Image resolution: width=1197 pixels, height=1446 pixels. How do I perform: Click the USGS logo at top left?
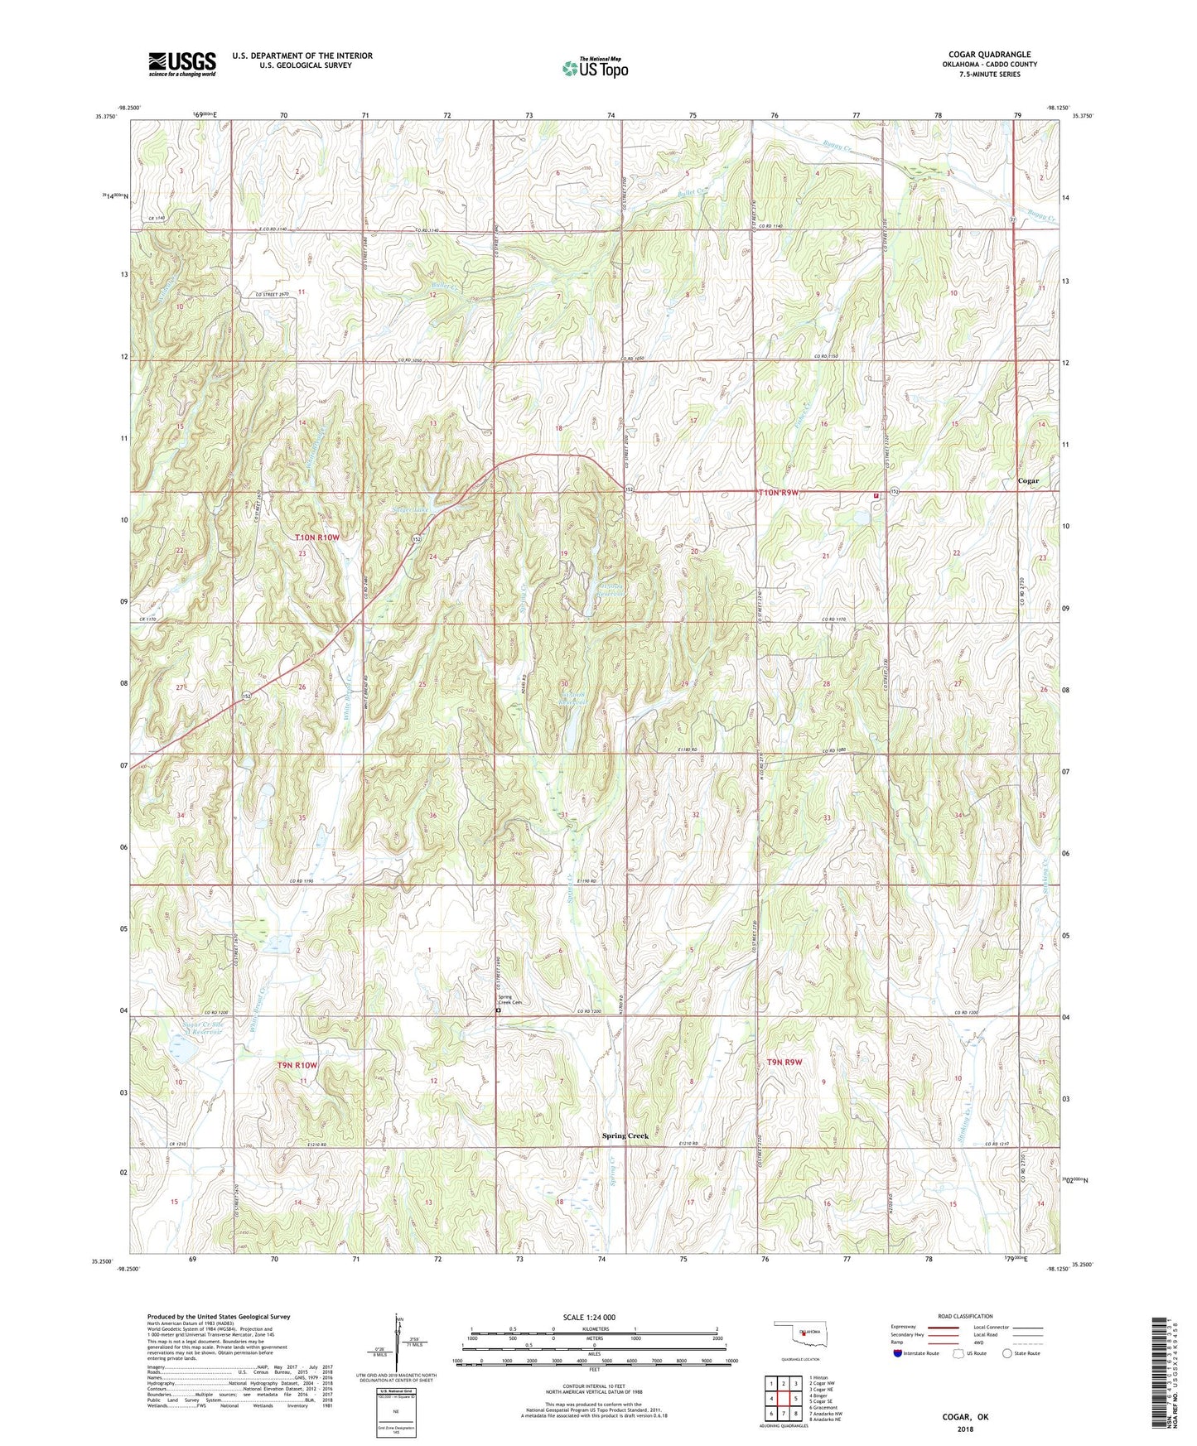[x=182, y=64]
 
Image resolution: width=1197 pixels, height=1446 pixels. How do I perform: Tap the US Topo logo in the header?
[x=595, y=68]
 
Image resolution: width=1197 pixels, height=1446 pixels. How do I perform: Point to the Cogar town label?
[x=1028, y=481]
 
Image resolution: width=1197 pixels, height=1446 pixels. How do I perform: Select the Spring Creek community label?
[x=625, y=1135]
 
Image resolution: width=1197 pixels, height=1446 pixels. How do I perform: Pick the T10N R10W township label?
[x=318, y=537]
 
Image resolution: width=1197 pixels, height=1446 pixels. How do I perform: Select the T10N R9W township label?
[x=779, y=493]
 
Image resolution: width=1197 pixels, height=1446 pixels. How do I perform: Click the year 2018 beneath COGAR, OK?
[x=965, y=1429]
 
